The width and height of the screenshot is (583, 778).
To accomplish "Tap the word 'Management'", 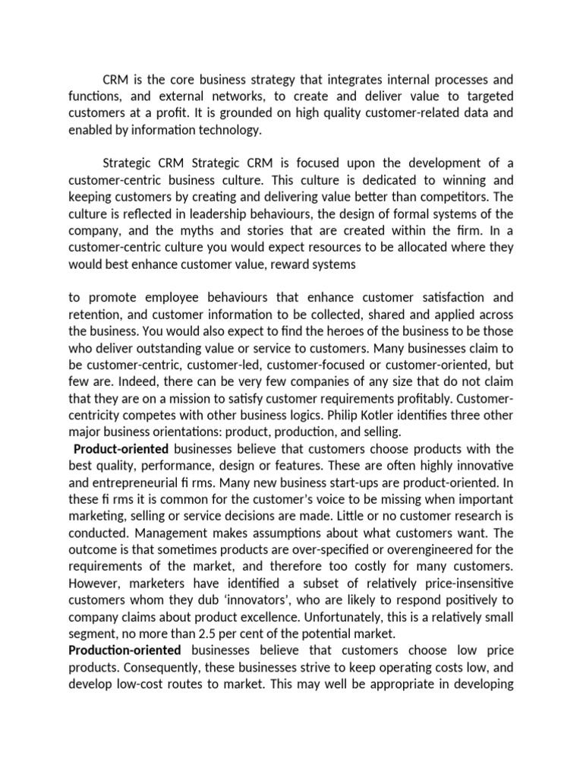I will coord(174,531).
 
